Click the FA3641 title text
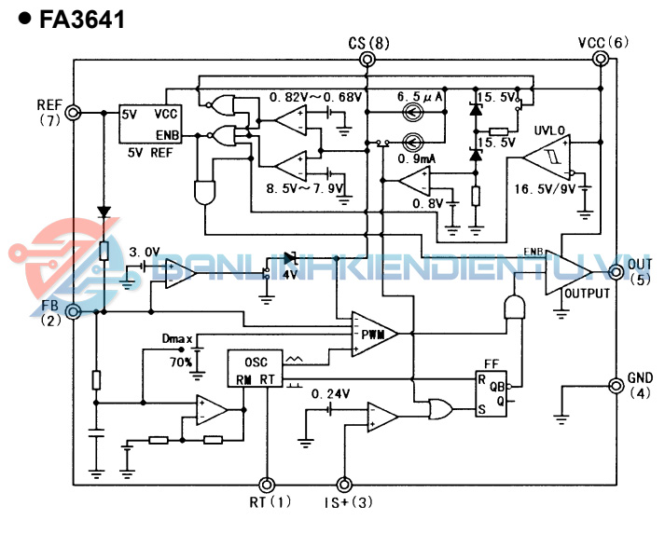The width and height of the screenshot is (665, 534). pos(82,20)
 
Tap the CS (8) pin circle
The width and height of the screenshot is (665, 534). pos(367,60)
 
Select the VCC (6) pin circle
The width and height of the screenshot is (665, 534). pos(603,60)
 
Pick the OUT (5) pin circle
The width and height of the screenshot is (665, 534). pos(616,272)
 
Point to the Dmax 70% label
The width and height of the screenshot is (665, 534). pos(177,350)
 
